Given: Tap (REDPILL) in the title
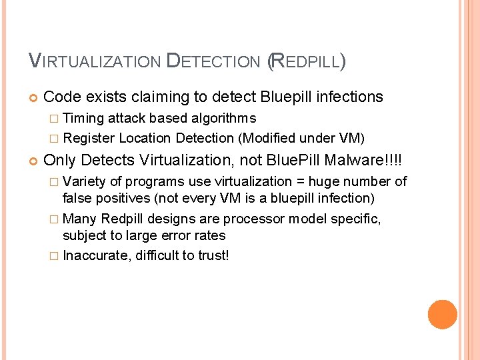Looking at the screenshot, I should (306, 62).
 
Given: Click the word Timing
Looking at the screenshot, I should (85, 119).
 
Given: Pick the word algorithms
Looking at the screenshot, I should (223, 119).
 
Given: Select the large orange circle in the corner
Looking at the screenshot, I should (443, 315).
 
